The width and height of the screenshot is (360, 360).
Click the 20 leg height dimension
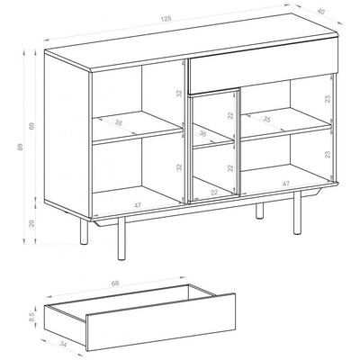click(32, 223)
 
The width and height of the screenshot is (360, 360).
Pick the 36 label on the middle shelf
click(202, 135)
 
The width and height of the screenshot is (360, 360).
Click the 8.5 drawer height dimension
click(31, 316)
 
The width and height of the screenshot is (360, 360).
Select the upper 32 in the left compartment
click(178, 105)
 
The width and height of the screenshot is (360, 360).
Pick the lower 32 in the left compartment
click(178, 166)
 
